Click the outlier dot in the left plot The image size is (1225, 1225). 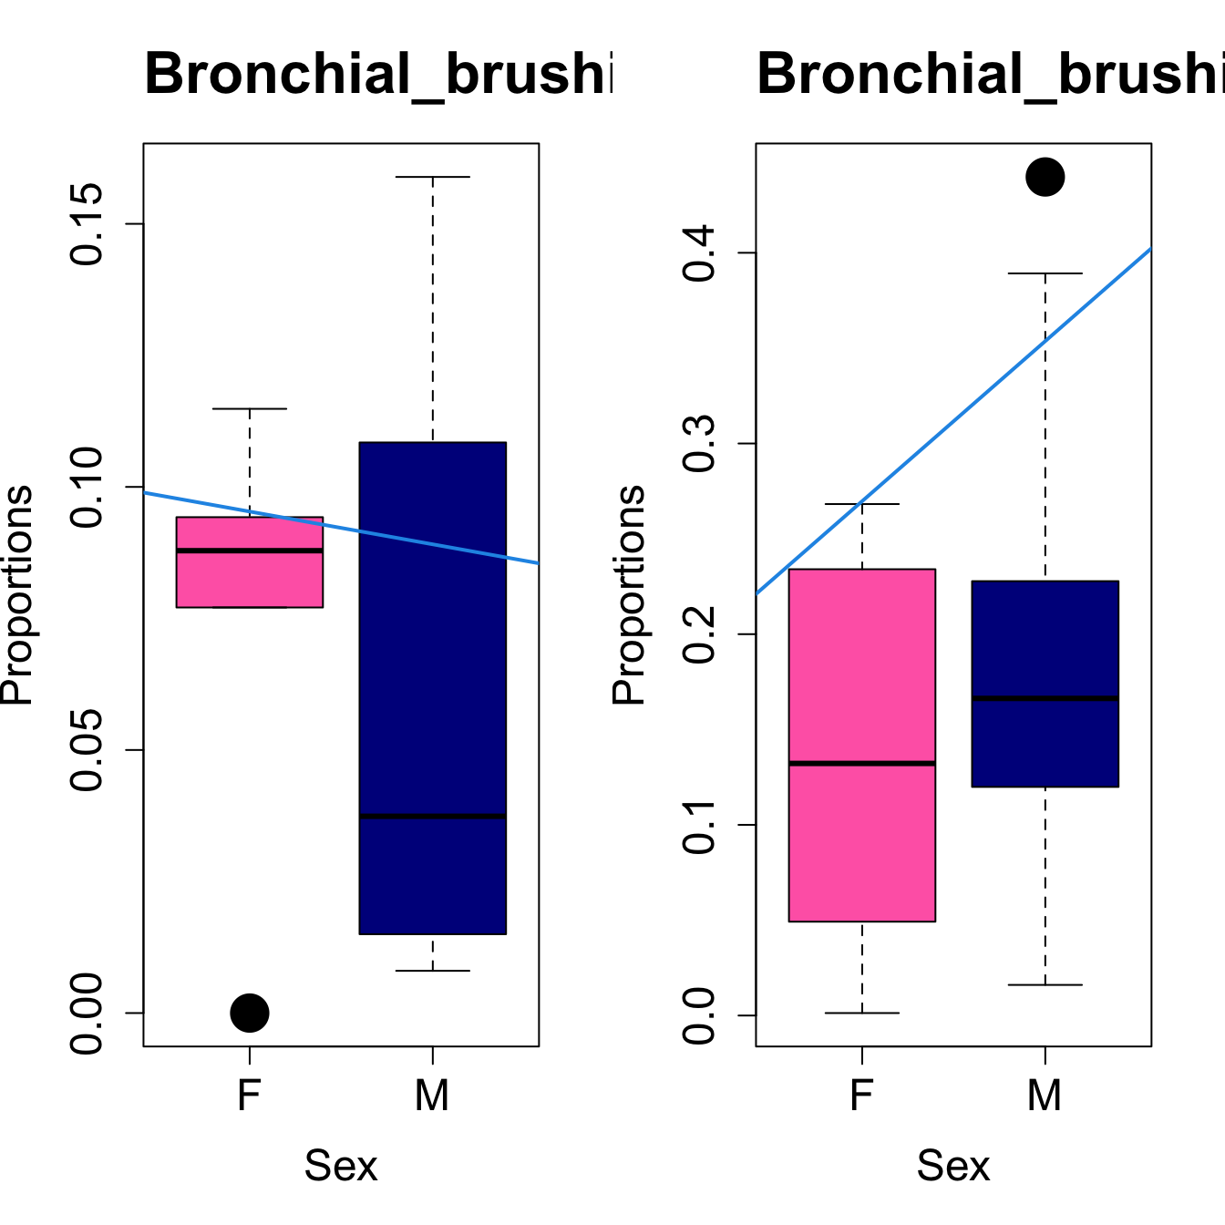click(x=250, y=1013)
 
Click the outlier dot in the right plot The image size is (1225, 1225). click(x=1045, y=177)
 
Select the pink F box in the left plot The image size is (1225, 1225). click(x=250, y=578)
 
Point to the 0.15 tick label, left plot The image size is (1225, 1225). click(x=87, y=224)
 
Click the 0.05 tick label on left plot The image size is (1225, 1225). click(x=87, y=750)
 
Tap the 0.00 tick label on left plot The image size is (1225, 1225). click(x=87, y=1013)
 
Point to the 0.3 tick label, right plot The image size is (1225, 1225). click(x=700, y=444)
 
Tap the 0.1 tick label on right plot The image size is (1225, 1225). click(x=700, y=825)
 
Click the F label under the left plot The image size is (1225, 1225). click(x=250, y=1095)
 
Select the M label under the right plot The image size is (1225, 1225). click(x=1045, y=1095)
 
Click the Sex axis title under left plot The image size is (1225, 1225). click(x=341, y=1166)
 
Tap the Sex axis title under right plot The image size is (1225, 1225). click(x=953, y=1166)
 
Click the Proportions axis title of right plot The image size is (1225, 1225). click(x=629, y=595)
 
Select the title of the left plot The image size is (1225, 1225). click(x=378, y=74)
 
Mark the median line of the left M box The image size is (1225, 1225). click(x=432, y=816)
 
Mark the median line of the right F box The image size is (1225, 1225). click(x=862, y=763)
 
